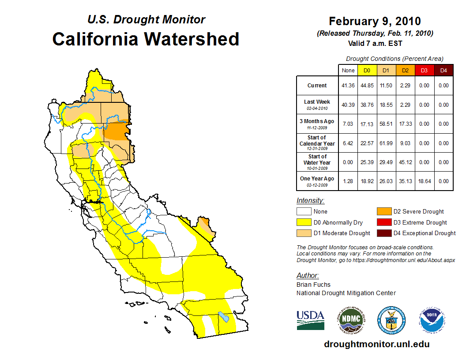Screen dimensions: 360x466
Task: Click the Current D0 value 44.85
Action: pyautogui.click(x=367, y=86)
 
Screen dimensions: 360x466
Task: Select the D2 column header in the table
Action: pyautogui.click(x=405, y=70)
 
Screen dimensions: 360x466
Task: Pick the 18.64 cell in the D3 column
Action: pyautogui.click(x=424, y=181)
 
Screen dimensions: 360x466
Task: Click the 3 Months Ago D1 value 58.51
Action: pyautogui.click(x=386, y=124)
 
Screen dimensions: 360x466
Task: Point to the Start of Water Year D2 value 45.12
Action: pyautogui.click(x=405, y=162)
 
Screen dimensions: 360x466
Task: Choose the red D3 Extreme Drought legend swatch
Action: pyautogui.click(x=383, y=222)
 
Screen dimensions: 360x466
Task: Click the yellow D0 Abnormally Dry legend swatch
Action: pyautogui.click(x=304, y=222)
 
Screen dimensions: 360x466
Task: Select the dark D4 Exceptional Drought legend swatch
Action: pyautogui.click(x=383, y=233)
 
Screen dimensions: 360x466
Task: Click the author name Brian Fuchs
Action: pyautogui.click(x=313, y=285)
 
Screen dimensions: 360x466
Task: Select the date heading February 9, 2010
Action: pyautogui.click(x=375, y=21)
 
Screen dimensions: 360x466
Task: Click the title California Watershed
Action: pyautogui.click(x=146, y=39)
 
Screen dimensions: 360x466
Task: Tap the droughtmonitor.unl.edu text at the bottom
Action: pyautogui.click(x=376, y=344)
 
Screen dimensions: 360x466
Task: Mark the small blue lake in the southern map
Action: pyautogui.click(x=224, y=317)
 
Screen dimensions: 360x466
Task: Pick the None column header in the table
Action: pyautogui.click(x=348, y=70)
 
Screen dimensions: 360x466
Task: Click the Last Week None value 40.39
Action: pyautogui.click(x=348, y=105)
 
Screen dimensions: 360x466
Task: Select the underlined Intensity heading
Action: pyautogui.click(x=310, y=201)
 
